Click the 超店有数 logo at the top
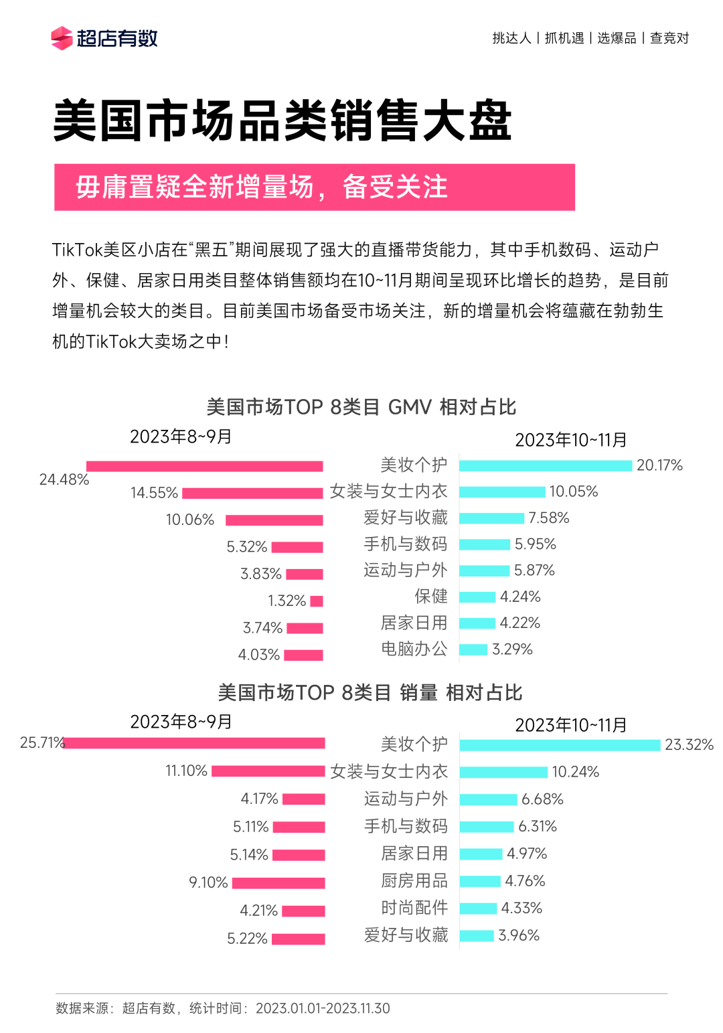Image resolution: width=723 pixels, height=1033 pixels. click(104, 38)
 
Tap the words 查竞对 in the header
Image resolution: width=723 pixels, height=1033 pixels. click(669, 38)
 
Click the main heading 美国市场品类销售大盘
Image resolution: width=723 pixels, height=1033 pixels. click(282, 121)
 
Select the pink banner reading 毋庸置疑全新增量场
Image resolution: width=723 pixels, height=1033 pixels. click(314, 187)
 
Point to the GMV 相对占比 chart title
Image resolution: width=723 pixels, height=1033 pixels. click(361, 407)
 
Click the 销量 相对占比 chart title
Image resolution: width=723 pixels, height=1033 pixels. click(370, 692)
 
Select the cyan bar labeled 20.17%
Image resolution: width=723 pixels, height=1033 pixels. click(546, 465)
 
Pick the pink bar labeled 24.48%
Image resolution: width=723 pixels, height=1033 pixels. click(204, 466)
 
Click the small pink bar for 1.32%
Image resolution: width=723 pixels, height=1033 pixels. click(317, 601)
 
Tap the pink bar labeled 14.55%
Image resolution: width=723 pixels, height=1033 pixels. click(252, 493)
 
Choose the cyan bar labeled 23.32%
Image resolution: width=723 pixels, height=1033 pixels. click(560, 745)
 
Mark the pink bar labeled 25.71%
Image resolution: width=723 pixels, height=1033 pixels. click(194, 743)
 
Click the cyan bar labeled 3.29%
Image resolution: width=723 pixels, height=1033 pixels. click(473, 649)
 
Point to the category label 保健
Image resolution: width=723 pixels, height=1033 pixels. click(430, 597)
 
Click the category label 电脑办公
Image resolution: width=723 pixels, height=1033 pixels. click(414, 649)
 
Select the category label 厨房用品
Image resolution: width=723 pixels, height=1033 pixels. click(414, 880)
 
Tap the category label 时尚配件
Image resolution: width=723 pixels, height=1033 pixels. click(414, 908)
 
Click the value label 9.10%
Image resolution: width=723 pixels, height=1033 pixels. click(208, 882)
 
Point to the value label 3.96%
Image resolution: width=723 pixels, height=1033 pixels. click(519, 935)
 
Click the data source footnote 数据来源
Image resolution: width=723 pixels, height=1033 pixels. click(222, 1008)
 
